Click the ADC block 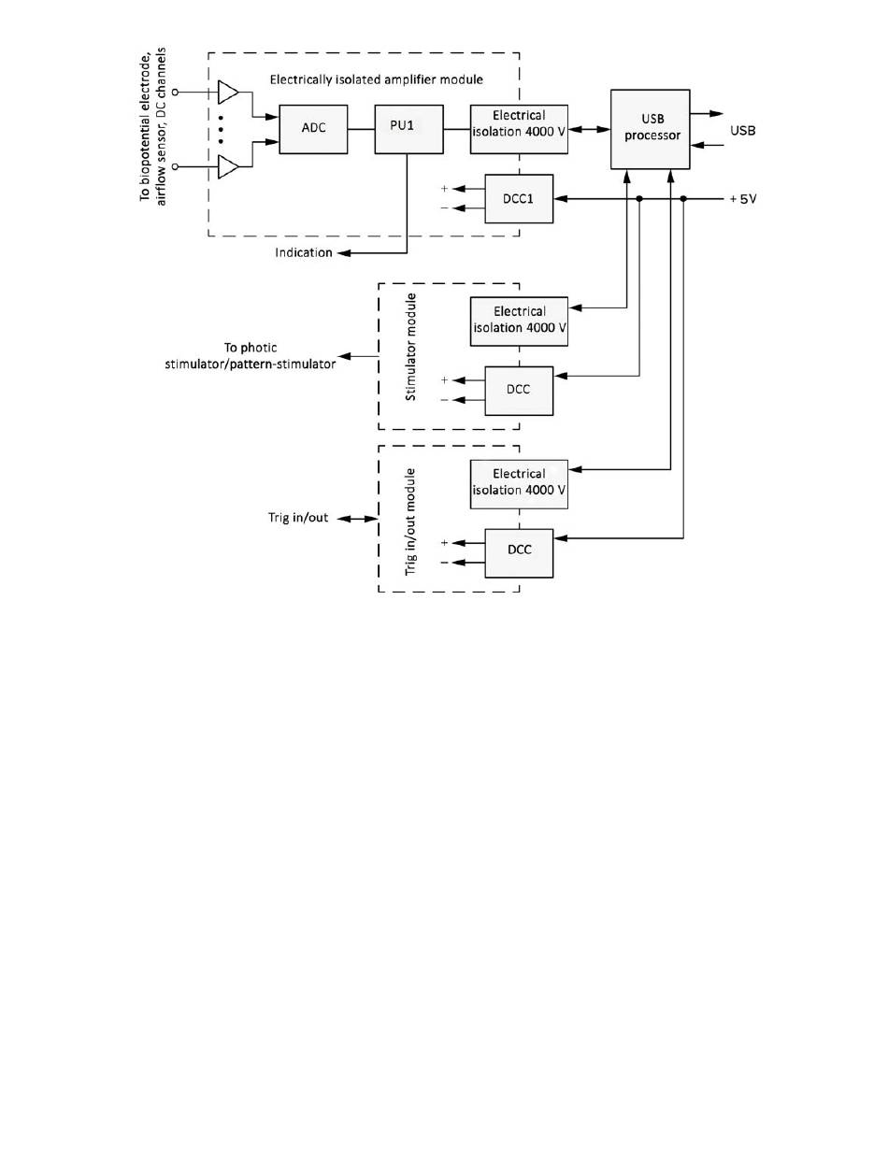[313, 129]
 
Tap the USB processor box [651, 129]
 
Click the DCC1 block [519, 198]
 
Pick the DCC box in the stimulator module [519, 390]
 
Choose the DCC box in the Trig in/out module [519, 551]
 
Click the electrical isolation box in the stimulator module [519, 321]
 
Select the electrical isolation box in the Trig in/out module [519, 482]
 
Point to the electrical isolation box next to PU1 [519, 129]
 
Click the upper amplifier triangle [227, 93]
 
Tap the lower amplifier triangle [227, 166]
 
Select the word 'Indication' [303, 253]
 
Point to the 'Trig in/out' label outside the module [297, 517]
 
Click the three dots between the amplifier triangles [221, 130]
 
